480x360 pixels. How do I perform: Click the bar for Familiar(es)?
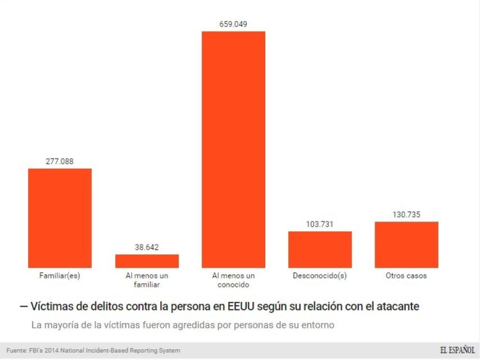[x=60, y=218]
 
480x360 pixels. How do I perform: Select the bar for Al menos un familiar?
[x=147, y=261]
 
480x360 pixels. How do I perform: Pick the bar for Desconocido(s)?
[x=320, y=249]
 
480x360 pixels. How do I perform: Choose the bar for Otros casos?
[x=406, y=245]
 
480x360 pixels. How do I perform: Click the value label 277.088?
[x=60, y=161]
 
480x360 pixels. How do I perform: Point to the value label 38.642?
[x=147, y=247]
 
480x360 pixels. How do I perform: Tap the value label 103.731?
[x=320, y=224]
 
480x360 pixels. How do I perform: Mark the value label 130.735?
[x=406, y=214]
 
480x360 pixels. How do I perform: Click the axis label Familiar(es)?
[x=60, y=276]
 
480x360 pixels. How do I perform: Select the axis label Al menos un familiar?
[x=147, y=280]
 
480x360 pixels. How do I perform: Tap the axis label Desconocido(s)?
[x=320, y=276]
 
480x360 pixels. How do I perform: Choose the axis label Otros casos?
[x=406, y=276]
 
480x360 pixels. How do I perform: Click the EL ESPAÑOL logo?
[x=457, y=350]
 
